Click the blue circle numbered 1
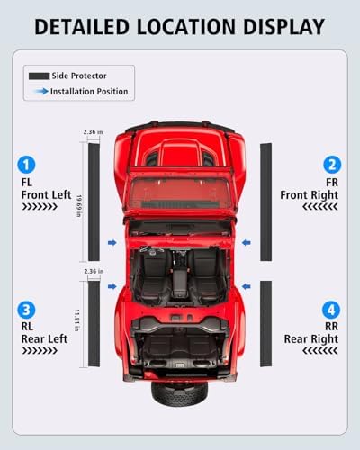tap(26, 165)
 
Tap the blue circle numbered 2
tap(332, 165)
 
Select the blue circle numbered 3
tap(26, 310)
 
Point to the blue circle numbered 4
tap(331, 310)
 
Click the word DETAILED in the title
tap(82, 27)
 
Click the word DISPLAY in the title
tap(283, 27)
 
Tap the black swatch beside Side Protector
tap(39, 76)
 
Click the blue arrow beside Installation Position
tap(41, 91)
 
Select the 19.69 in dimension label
tap(79, 206)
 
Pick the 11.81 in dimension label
tap(76, 320)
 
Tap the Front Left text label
tap(46, 195)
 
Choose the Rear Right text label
tap(311, 339)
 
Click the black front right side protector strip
tap(265, 202)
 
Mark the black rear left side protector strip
tap(94, 324)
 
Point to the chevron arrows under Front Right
tap(320, 207)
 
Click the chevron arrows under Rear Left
tap(40, 351)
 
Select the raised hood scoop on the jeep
tap(179, 153)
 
